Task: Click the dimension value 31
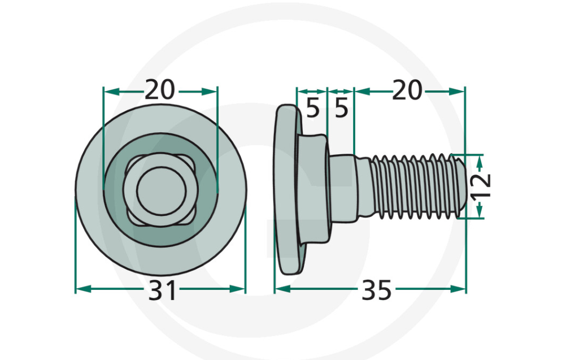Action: tap(163, 291)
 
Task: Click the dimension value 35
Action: tap(376, 291)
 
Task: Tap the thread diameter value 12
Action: tap(482, 186)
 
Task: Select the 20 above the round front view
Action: tap(160, 90)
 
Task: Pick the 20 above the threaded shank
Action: tap(407, 90)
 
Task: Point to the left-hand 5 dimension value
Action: tap(312, 107)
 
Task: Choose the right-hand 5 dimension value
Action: tap(341, 107)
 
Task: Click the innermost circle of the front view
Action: tap(161, 189)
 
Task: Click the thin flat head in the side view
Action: tap(286, 189)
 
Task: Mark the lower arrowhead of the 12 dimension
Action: tap(480, 212)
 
